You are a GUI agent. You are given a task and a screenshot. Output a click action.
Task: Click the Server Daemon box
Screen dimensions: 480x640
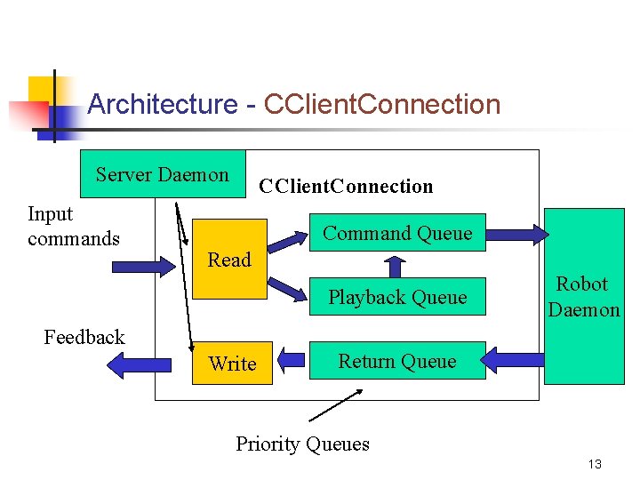coord(162,174)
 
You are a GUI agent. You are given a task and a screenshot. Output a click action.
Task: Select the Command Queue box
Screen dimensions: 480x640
coord(396,233)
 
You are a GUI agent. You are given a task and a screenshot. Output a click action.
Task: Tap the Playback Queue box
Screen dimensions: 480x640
coord(396,297)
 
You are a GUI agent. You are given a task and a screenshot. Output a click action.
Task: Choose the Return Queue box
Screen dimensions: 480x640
coord(396,361)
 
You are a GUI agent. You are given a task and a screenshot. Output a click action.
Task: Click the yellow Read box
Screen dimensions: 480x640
coord(229,259)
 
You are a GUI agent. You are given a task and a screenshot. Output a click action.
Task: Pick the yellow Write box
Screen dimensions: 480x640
coord(231,364)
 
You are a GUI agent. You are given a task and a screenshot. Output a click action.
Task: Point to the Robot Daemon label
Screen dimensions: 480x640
coord(583,297)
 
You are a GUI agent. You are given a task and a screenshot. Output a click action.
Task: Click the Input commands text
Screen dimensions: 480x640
coord(73,226)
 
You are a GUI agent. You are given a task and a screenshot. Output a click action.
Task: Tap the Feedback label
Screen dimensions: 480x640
coord(84,337)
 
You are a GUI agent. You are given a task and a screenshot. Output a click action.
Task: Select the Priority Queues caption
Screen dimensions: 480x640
coord(302,444)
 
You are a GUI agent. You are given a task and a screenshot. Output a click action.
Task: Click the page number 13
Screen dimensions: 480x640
coord(595,464)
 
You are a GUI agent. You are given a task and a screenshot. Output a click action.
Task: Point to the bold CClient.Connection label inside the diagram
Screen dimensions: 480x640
coord(345,187)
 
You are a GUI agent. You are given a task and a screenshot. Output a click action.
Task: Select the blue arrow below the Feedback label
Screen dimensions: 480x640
coord(139,364)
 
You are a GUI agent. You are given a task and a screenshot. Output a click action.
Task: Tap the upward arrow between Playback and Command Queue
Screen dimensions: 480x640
coord(395,264)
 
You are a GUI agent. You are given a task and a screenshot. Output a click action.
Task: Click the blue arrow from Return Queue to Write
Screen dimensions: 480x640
coord(291,361)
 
